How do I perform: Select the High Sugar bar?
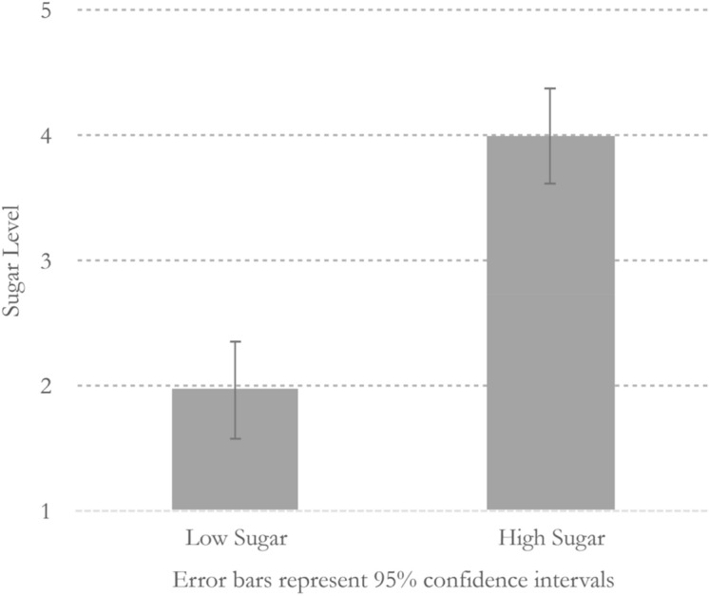coord(550,323)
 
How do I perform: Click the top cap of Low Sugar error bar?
coord(235,341)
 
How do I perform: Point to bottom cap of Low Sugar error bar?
coord(235,438)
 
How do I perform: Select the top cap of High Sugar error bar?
coord(550,88)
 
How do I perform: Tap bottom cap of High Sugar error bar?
coord(550,183)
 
